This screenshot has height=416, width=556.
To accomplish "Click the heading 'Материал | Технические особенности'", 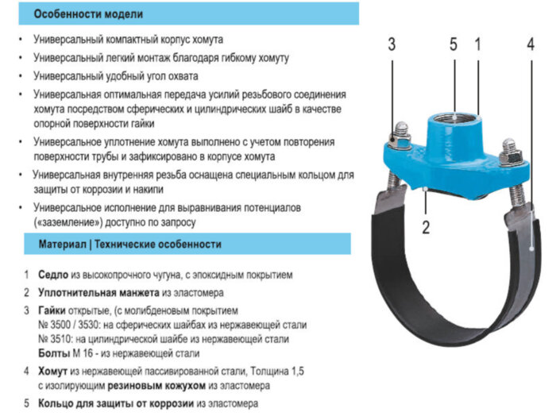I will click(x=130, y=245).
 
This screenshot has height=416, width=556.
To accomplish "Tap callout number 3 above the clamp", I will click(x=392, y=44).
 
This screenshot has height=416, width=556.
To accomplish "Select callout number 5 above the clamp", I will click(x=454, y=44).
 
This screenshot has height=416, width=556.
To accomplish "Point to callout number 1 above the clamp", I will click(x=477, y=44).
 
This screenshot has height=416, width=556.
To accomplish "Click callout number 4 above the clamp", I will click(x=530, y=44).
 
